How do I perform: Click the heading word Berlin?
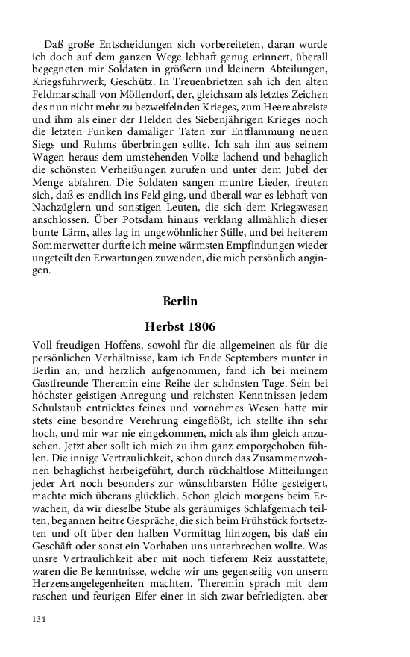(180, 302)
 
